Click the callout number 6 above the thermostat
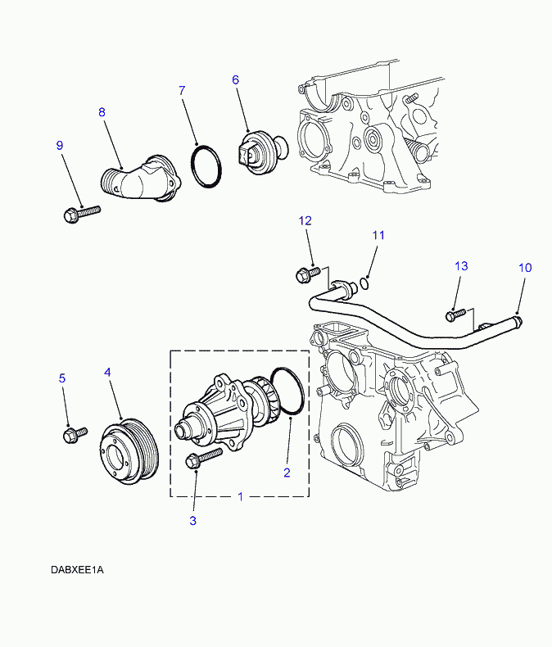(236, 79)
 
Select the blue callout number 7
(182, 90)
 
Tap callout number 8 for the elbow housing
(102, 112)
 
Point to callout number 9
(60, 145)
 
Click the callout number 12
(305, 221)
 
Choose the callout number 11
(378, 235)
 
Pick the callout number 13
(461, 266)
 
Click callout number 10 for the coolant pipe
(525, 268)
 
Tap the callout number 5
(62, 378)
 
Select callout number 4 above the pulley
(107, 372)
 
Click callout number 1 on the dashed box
(241, 496)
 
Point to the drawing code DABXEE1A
(77, 570)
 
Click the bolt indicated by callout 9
(82, 213)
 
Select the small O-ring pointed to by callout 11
(364, 283)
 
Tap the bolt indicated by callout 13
(455, 314)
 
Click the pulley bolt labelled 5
(75, 435)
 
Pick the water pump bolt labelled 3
(204, 458)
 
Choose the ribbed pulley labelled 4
(129, 450)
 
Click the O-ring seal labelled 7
(206, 166)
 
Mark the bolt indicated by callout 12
(308, 274)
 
